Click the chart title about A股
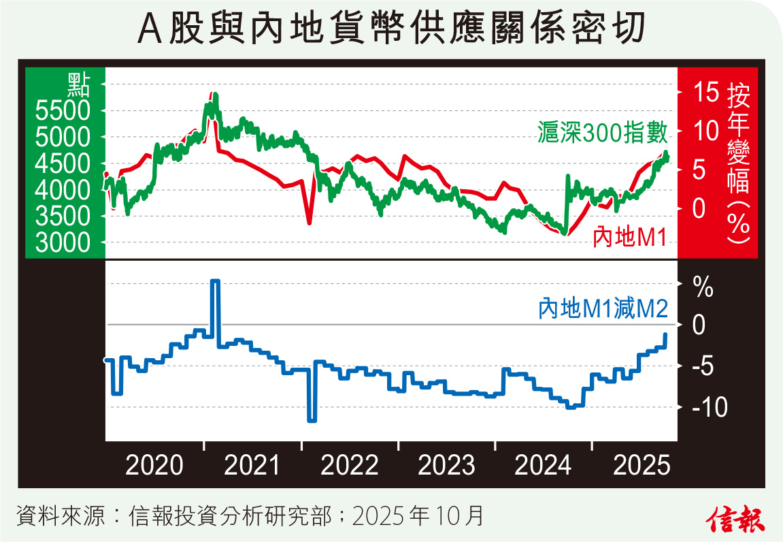[391, 31]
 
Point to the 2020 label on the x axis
[155, 466]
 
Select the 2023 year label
[446, 466]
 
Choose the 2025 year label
[641, 466]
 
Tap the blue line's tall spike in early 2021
[215, 281]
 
